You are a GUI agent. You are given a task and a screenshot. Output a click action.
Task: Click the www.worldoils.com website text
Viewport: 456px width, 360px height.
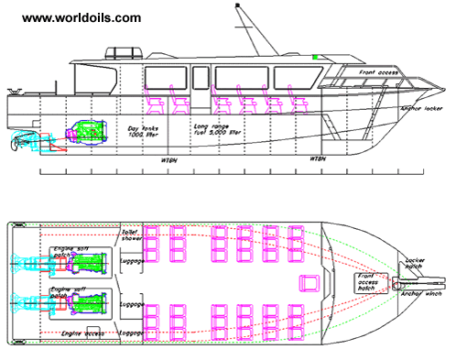81,17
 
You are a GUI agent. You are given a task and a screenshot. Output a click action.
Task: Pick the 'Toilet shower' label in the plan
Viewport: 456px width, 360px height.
131,236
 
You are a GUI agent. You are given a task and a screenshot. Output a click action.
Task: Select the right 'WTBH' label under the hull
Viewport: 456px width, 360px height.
318,159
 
